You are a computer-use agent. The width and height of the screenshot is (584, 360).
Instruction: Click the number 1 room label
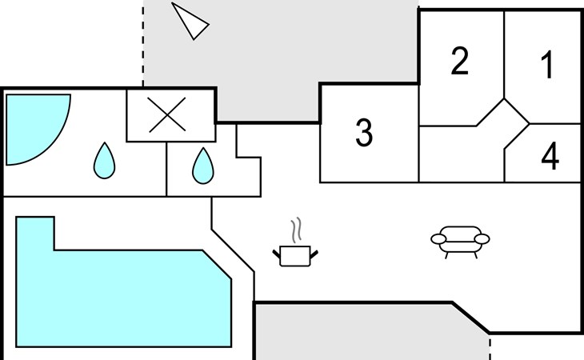(x=547, y=66)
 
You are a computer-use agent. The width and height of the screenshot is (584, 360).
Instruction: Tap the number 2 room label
(x=459, y=62)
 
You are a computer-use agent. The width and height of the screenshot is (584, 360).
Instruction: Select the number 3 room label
(x=364, y=133)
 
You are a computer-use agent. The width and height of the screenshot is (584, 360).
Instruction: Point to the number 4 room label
(x=550, y=157)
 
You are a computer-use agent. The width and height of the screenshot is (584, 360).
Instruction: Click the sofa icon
(x=460, y=241)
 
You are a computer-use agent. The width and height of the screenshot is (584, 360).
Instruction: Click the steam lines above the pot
(x=297, y=230)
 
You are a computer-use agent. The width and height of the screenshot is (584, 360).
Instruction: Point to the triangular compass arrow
(x=190, y=20)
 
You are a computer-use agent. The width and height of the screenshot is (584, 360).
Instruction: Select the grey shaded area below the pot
(x=360, y=332)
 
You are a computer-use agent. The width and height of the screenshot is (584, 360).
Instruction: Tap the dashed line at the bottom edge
(x=490, y=347)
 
